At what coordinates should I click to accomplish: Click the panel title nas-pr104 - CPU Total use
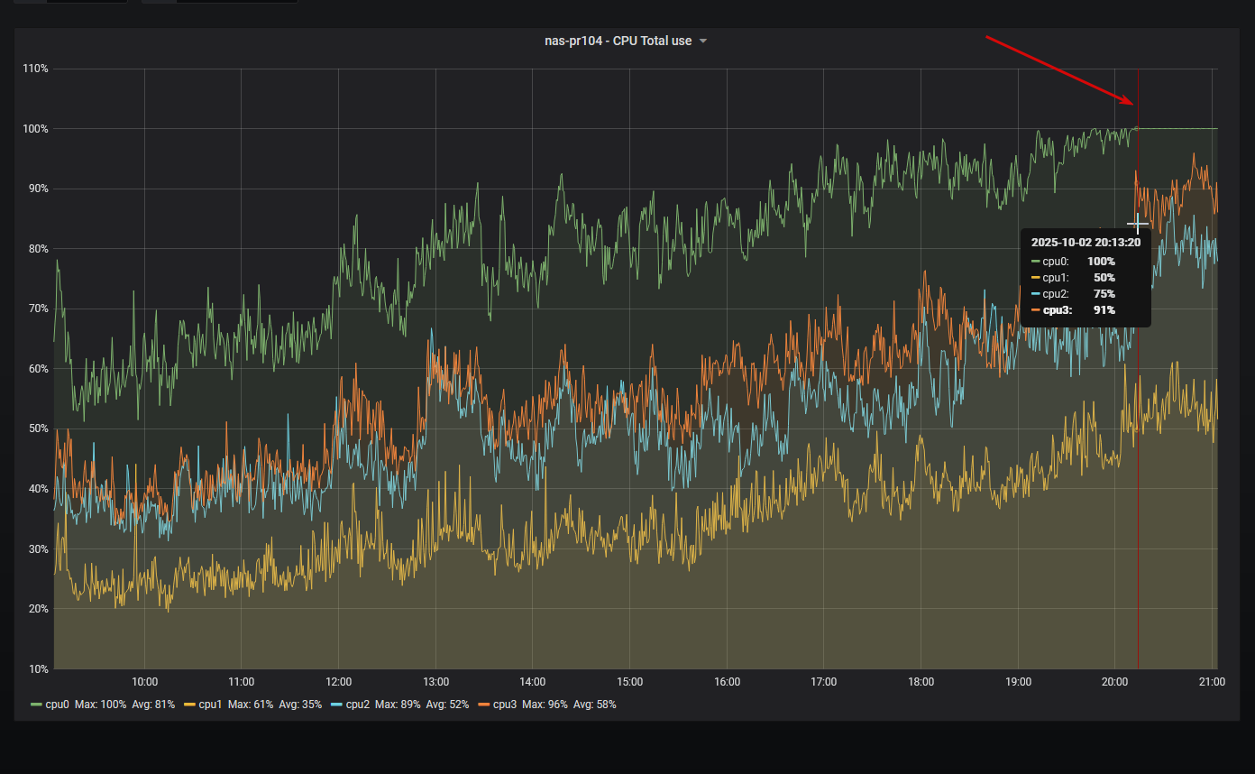pyautogui.click(x=618, y=41)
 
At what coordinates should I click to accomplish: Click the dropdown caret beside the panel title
pyautogui.click(x=703, y=41)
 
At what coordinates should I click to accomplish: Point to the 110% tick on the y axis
pyautogui.click(x=35, y=69)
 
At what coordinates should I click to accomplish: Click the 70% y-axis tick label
pyautogui.click(x=37, y=309)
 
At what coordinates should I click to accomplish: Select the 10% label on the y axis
pyautogui.click(x=37, y=668)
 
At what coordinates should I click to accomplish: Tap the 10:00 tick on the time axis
pyautogui.click(x=144, y=682)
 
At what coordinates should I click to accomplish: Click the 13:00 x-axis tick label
pyautogui.click(x=435, y=682)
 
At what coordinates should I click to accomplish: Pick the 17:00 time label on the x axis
pyautogui.click(x=823, y=682)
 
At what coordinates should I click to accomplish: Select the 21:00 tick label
pyautogui.click(x=1212, y=682)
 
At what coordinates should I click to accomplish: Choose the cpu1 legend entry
pyautogui.click(x=209, y=704)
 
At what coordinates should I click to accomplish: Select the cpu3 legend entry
pyautogui.click(x=504, y=704)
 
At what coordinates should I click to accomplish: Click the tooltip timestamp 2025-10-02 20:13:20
pyautogui.click(x=1086, y=243)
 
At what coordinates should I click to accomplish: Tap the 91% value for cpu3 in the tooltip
pyautogui.click(x=1104, y=310)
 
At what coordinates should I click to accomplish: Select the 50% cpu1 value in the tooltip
pyautogui.click(x=1104, y=278)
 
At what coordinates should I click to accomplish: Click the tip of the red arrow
pyautogui.click(x=1133, y=105)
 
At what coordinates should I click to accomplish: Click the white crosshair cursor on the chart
pyautogui.click(x=1138, y=224)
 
